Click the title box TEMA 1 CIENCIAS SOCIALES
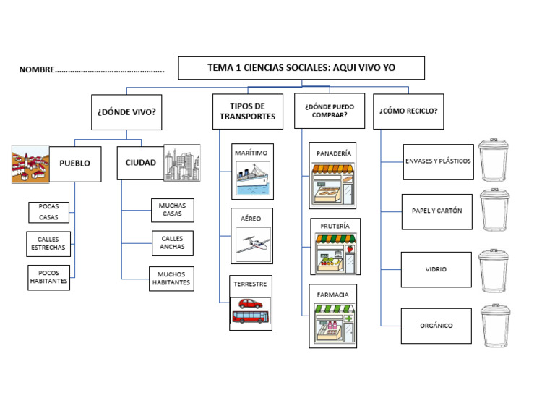[301, 68]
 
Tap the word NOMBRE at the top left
[37, 70]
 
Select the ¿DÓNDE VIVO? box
[126, 112]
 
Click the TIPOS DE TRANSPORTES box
[247, 111]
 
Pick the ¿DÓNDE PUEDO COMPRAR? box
[330, 111]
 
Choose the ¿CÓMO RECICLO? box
[408, 111]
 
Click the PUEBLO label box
[75, 164]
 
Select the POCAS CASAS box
[49, 212]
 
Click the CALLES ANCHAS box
[172, 242]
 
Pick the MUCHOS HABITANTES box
[171, 279]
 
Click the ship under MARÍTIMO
[251, 177]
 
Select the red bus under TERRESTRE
[250, 317]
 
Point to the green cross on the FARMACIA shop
[348, 318]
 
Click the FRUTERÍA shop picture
[334, 253]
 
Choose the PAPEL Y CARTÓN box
[436, 211]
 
